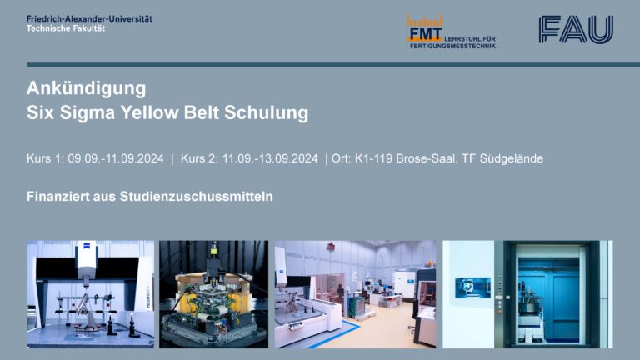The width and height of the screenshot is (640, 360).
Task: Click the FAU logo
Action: click(x=576, y=29)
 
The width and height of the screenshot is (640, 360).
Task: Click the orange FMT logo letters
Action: click(x=425, y=33)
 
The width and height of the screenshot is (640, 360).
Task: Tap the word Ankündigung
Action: click(x=87, y=88)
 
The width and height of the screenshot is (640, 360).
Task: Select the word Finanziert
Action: click(x=58, y=197)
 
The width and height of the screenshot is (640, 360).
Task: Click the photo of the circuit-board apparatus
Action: click(x=213, y=294)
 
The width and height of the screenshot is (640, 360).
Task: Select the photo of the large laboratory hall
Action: click(x=355, y=294)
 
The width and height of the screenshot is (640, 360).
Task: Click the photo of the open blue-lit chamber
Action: click(x=527, y=294)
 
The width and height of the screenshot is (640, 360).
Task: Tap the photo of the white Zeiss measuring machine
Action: click(x=90, y=294)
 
